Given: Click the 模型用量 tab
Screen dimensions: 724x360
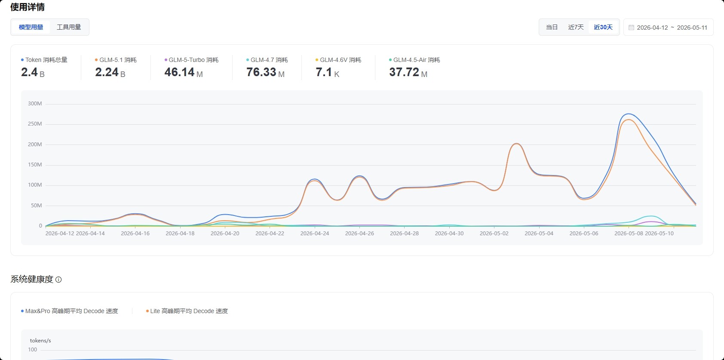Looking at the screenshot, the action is [x=31, y=27].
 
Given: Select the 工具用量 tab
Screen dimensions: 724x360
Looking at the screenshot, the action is [x=68, y=27].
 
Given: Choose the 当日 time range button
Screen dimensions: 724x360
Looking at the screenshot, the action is [x=552, y=27].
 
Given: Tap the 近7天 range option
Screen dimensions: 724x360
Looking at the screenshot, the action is [x=576, y=27].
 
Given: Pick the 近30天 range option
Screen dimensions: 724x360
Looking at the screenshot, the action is [x=603, y=27].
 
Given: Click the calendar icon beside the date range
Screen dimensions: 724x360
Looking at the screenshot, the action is [x=631, y=28].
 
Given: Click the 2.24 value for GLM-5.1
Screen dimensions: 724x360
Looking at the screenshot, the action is [x=107, y=72].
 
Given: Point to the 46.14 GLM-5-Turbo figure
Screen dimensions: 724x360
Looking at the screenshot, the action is [x=179, y=72].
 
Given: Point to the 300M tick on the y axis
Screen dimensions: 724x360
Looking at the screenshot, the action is [x=35, y=104].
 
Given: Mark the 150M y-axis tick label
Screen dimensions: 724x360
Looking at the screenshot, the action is [x=35, y=165].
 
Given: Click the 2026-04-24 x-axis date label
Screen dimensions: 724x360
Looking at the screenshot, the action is [x=314, y=233].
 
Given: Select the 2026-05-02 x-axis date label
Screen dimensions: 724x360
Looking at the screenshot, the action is [x=494, y=233].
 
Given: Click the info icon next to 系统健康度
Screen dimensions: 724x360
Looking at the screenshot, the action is [x=58, y=280].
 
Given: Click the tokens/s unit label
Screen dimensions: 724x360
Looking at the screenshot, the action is [x=40, y=341].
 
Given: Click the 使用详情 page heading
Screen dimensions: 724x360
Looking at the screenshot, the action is [x=28, y=7].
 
